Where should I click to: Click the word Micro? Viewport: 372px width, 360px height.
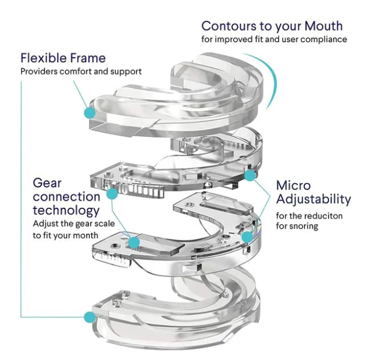point(293,185)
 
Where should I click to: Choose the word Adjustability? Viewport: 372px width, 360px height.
point(313,200)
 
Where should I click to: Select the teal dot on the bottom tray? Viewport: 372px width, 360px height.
point(90,317)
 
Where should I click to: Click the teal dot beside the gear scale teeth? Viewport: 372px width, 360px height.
point(112,193)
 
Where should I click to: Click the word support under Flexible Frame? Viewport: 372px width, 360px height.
point(126,72)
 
